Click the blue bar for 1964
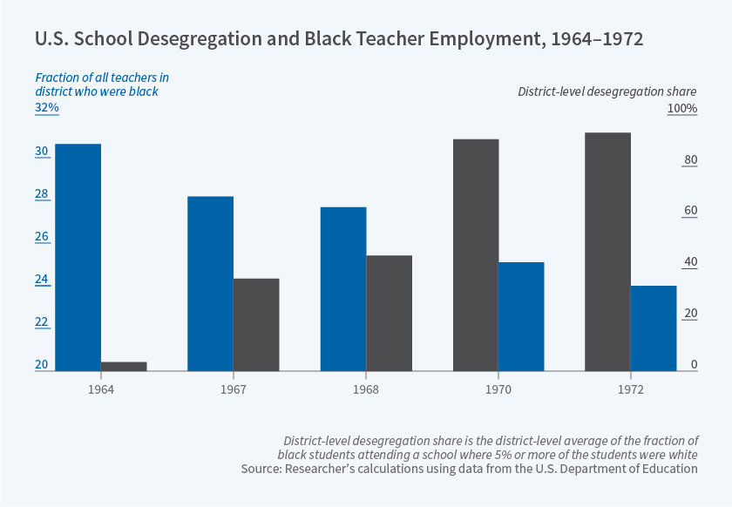pyautogui.click(x=78, y=257)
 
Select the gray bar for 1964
pyautogui.click(x=124, y=366)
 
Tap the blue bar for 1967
pyautogui.click(x=210, y=283)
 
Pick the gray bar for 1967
pyautogui.click(x=256, y=324)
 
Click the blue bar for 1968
pyautogui.click(x=343, y=288)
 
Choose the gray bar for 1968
pyautogui.click(x=389, y=313)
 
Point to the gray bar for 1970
pyautogui.click(x=476, y=254)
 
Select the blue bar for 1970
pyautogui.click(x=521, y=316)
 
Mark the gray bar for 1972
pyautogui.click(x=608, y=251)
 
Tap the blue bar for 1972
pyautogui.click(x=654, y=328)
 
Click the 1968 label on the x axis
pyautogui.click(x=366, y=389)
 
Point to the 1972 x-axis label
pyautogui.click(x=631, y=389)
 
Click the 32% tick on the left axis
pyautogui.click(x=47, y=108)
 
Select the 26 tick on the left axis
pyautogui.click(x=42, y=237)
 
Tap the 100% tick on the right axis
pyautogui.click(x=681, y=108)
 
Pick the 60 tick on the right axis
pyautogui.click(x=689, y=211)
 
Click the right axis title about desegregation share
pyautogui.click(x=607, y=91)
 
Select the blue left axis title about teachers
pyautogui.click(x=97, y=84)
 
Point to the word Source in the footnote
pyautogui.click(x=262, y=469)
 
